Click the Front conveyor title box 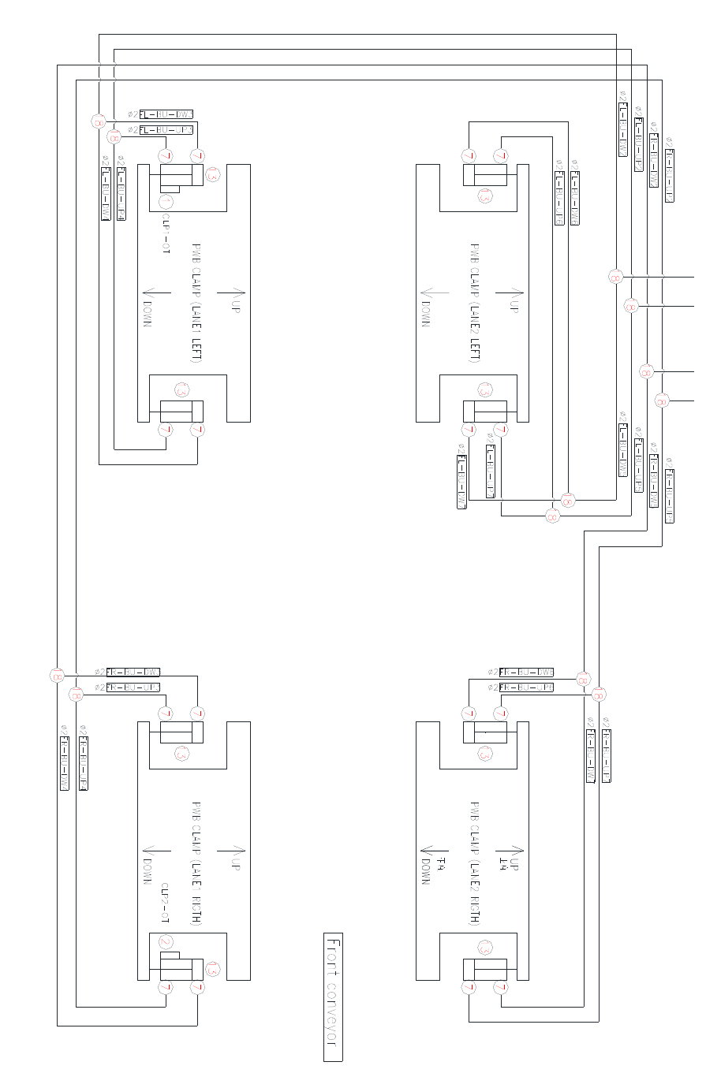point(333,997)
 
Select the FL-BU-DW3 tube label point(166,114)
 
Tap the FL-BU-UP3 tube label point(166,130)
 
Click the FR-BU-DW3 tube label point(133,672)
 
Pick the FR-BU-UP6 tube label point(527,687)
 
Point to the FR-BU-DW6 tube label point(527,672)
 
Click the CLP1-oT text point(166,233)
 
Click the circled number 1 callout point(166,202)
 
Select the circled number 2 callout point(166,942)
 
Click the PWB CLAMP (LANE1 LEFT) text point(196,304)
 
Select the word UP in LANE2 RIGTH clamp point(514,863)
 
